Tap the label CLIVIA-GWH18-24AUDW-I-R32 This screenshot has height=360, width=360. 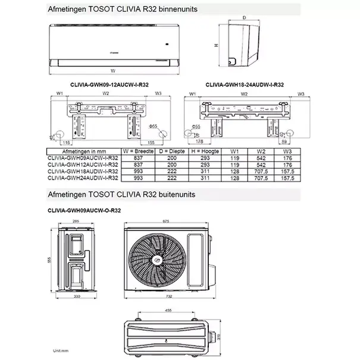pyautogui.click(x=244, y=85)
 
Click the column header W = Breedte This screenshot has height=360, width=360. pyautogui.click(x=139, y=152)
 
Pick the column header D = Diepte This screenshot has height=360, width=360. pyautogui.click(x=173, y=152)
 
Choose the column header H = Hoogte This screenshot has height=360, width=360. pyautogui.click(x=207, y=152)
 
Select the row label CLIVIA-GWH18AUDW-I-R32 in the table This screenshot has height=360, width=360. pyautogui.click(x=82, y=171)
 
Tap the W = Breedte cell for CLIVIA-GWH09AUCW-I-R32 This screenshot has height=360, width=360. pyautogui.click(x=139, y=158)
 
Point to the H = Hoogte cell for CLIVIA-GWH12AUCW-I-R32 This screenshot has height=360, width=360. pyautogui.click(x=207, y=164)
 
